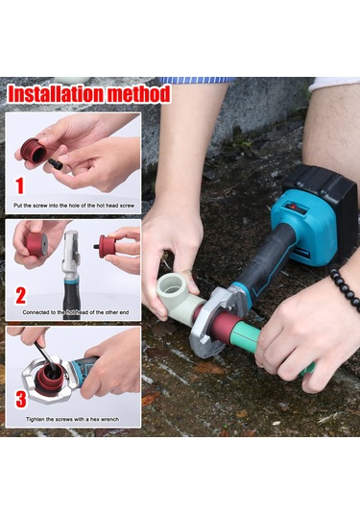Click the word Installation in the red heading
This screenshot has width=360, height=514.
point(57,94)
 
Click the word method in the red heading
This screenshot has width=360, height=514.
point(139,94)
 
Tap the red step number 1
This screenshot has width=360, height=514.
point(20,185)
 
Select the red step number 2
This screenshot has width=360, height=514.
point(20,296)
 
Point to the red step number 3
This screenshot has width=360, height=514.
point(20,399)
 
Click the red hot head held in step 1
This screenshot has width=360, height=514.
point(34,153)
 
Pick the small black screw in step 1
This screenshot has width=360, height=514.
point(55,163)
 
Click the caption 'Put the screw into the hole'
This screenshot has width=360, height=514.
point(74,206)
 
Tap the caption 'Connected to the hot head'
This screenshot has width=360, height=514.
point(76,312)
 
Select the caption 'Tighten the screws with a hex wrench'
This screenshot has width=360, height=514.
point(72,419)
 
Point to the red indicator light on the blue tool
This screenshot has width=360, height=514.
point(293,207)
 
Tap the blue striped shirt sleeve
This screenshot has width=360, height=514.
point(196,80)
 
